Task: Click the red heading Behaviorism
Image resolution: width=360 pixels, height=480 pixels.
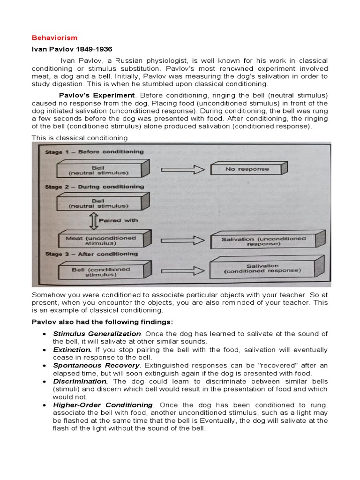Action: click(x=54, y=37)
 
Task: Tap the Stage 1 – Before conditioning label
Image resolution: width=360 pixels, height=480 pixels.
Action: click(x=94, y=152)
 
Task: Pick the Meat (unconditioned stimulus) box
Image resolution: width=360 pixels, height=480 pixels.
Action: click(x=101, y=241)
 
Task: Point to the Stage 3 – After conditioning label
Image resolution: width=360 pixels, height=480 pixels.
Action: click(x=91, y=254)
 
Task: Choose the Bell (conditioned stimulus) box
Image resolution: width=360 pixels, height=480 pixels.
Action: click(x=101, y=272)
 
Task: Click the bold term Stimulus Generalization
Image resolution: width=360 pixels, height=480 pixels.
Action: click(x=92, y=333)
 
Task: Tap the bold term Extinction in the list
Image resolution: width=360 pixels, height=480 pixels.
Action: click(x=72, y=350)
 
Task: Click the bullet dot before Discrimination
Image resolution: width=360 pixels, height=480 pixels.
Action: click(x=44, y=382)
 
